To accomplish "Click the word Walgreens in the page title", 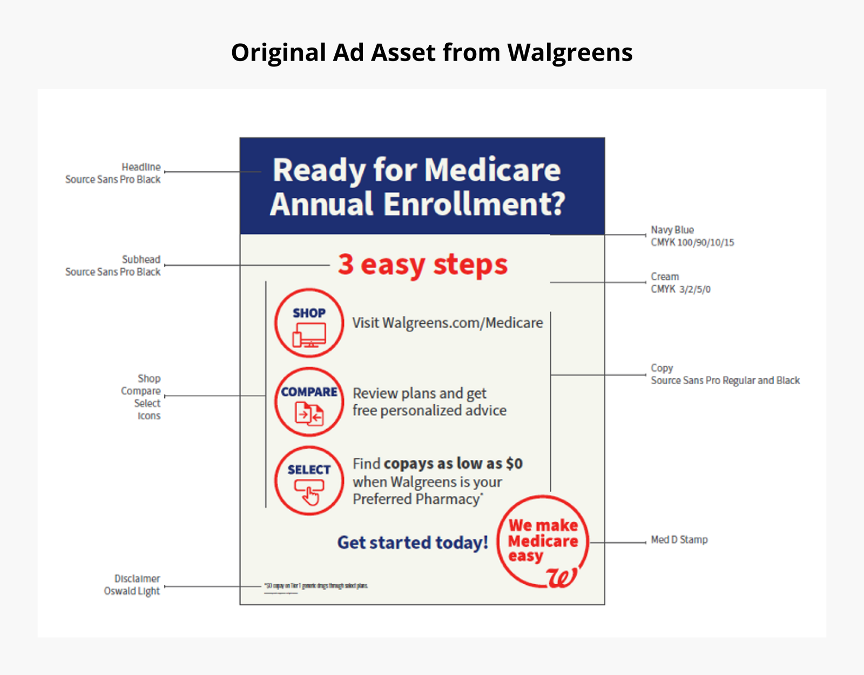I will pos(570,52).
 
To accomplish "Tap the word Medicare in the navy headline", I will pos(492,170).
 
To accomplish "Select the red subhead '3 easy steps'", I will pos(423,264).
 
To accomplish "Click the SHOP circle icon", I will pos(309,323).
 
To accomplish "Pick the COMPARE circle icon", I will pos(309,402).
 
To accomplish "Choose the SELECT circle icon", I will pos(309,480).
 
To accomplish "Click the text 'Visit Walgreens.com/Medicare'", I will pos(448,323).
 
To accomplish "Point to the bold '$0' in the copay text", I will pos(514,464).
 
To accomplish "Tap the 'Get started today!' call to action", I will pos(413,542).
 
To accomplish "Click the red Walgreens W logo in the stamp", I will pos(562,577).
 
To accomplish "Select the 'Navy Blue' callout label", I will pos(672,230).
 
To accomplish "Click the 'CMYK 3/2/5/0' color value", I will pos(680,289).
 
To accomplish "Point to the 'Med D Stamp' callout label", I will pos(679,539).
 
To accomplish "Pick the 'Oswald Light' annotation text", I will pos(132,591).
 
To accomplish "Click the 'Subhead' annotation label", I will pos(141,259).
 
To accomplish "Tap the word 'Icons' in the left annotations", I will pos(149,416).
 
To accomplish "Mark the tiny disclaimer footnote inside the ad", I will pos(316,586).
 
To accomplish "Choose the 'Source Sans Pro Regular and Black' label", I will pos(725,380).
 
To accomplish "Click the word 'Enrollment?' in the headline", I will pos(474,204).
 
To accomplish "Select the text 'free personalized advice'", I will pos(429,411).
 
